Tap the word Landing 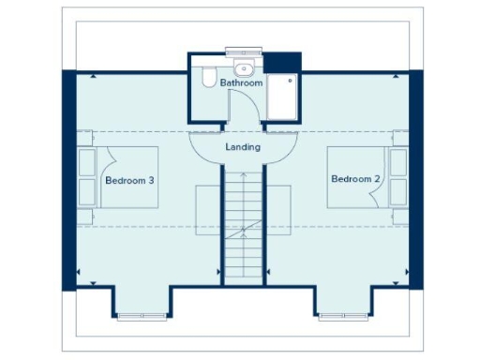pyautogui.click(x=243, y=147)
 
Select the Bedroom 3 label pyautogui.click(x=129, y=180)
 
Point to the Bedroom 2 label pyautogui.click(x=354, y=178)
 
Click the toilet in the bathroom pyautogui.click(x=208, y=77)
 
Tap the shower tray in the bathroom pyautogui.click(x=281, y=95)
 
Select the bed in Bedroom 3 pyautogui.click(x=116, y=177)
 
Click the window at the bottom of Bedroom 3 pyautogui.click(x=142, y=316)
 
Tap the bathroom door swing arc pyautogui.click(x=245, y=111)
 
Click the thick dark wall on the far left pyautogui.click(x=68, y=178)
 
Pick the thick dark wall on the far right pyautogui.click(x=416, y=178)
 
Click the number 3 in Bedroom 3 pyautogui.click(x=151, y=180)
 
